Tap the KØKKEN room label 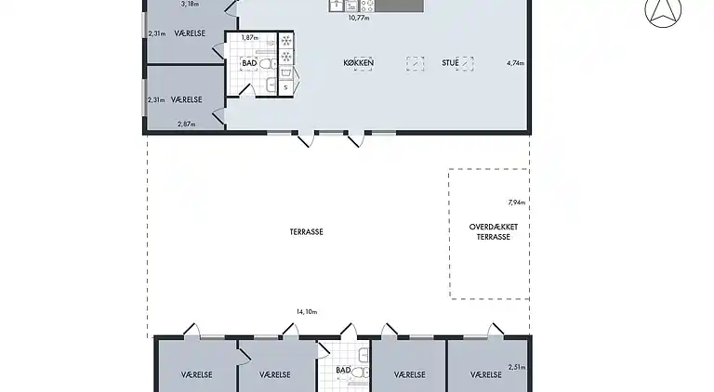pos(358,63)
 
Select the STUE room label pos(451,63)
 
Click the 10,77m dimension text pos(358,17)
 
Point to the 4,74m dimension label pos(515,63)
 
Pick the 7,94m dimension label pos(516,202)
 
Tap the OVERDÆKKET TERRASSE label pos(489,231)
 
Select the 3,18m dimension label pos(190,4)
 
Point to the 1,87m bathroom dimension pos(248,38)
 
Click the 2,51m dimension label pos(517,368)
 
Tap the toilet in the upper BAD pos(266,63)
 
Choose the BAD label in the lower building pos(343,370)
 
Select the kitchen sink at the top pos(337,5)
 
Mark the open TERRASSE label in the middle pos(307,231)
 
